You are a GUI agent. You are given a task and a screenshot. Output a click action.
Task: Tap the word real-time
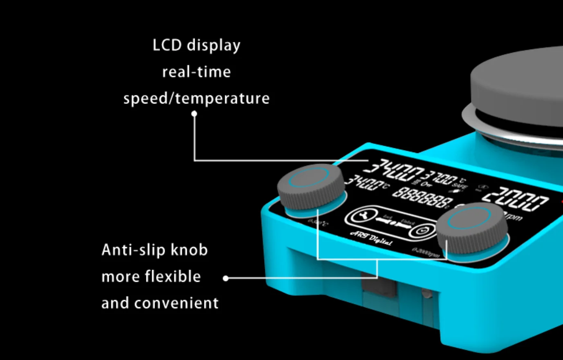click(x=196, y=72)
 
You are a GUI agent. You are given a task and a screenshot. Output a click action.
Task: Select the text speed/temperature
click(x=196, y=99)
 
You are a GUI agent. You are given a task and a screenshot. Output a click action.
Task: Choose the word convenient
click(x=176, y=303)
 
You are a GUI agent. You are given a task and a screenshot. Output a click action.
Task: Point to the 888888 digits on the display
click(x=422, y=197)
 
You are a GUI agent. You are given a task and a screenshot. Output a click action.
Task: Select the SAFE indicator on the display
click(x=460, y=187)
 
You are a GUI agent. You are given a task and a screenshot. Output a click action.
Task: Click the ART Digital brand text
click(x=371, y=237)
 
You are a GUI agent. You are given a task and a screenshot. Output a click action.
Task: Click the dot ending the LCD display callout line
click(x=195, y=113)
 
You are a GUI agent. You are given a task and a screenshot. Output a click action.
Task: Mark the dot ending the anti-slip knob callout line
click(x=226, y=278)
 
